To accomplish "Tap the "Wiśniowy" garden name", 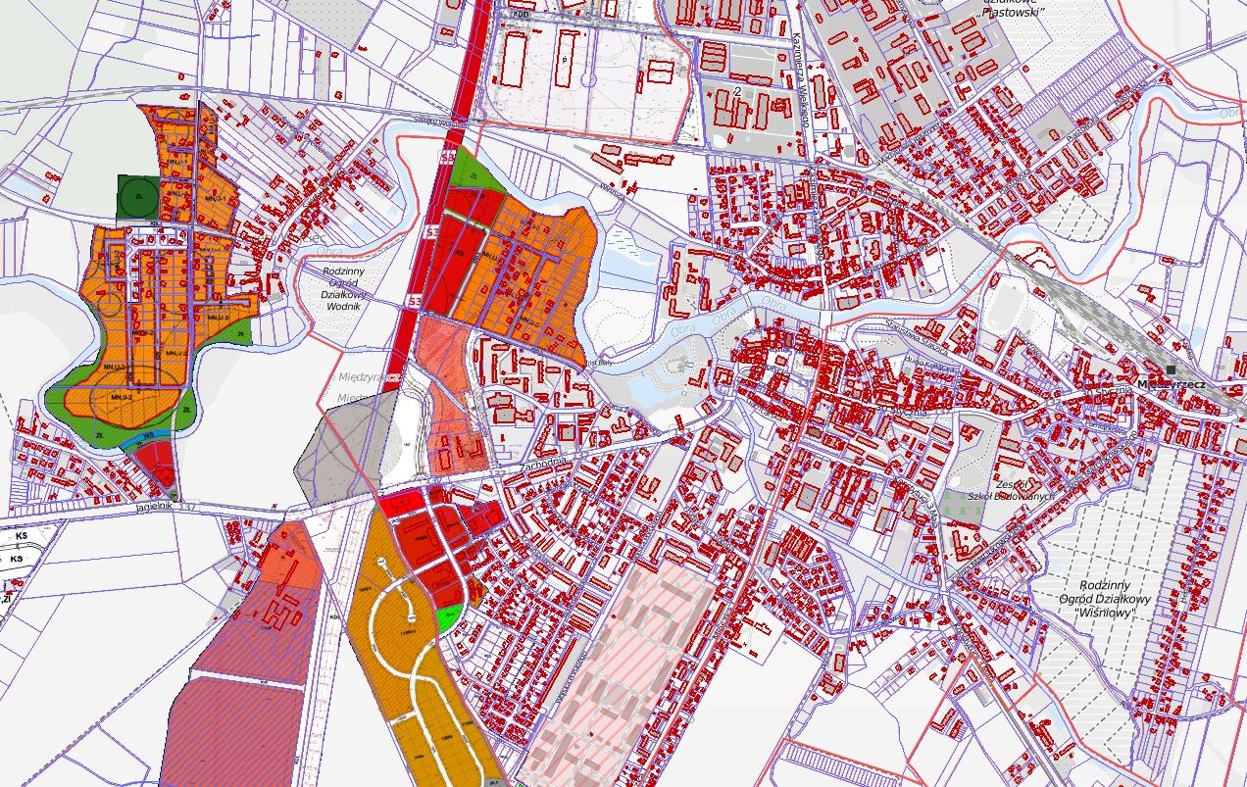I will point(1104,613).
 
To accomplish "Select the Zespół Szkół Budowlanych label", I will point(1009,490).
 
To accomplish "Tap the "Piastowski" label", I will point(1014,11).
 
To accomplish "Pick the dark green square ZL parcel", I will point(137,197).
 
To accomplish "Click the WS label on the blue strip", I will point(149,435).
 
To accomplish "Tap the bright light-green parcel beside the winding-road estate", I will point(449,617).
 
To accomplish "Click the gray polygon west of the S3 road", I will point(338,446).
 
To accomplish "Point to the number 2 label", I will point(735,91).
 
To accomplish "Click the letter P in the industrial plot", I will point(566,59).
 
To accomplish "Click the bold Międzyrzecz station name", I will point(1172,384).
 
